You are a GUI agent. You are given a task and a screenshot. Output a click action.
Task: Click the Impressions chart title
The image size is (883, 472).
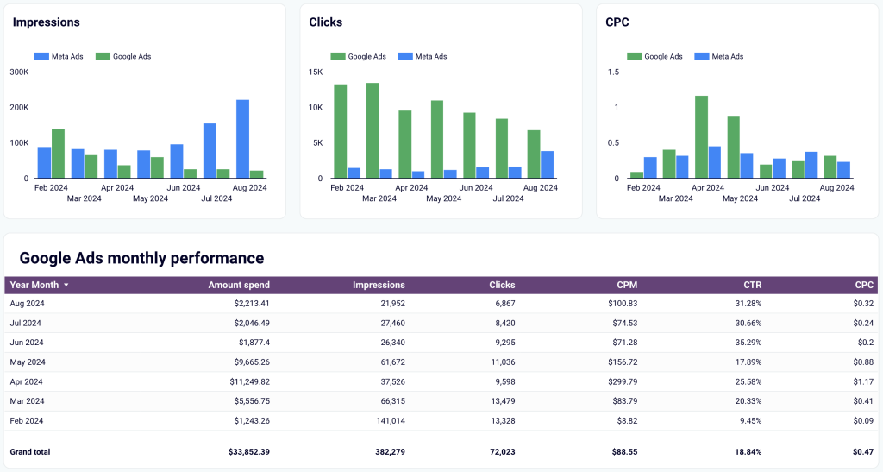pyautogui.click(x=46, y=22)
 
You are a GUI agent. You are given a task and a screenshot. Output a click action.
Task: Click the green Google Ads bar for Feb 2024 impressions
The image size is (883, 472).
pyautogui.click(x=58, y=154)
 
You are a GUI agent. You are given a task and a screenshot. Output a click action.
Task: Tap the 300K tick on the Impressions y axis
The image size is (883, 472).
pyautogui.click(x=19, y=72)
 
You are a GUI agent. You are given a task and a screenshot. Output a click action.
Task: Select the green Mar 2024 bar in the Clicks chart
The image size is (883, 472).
pyautogui.click(x=373, y=130)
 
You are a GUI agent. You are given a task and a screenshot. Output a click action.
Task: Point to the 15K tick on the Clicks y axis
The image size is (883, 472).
pyautogui.click(x=315, y=72)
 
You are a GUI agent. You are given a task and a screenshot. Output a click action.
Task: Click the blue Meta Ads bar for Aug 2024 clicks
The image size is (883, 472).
pyautogui.click(x=547, y=165)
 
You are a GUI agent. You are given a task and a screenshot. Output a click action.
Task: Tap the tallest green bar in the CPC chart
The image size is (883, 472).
pyautogui.click(x=701, y=137)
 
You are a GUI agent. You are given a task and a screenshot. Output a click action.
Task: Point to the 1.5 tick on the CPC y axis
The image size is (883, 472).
pyautogui.click(x=613, y=72)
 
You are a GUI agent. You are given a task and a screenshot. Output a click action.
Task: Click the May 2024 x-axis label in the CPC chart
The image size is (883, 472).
pyautogui.click(x=740, y=198)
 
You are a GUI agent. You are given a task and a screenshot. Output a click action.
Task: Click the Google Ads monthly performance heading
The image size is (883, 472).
pyautogui.click(x=141, y=258)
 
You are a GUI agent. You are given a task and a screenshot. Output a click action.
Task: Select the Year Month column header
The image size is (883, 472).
pyautogui.click(x=34, y=285)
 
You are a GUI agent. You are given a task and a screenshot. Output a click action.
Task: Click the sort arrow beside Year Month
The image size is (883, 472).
pyautogui.click(x=66, y=285)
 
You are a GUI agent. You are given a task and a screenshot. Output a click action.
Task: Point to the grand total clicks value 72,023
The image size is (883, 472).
pyautogui.click(x=497, y=451)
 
